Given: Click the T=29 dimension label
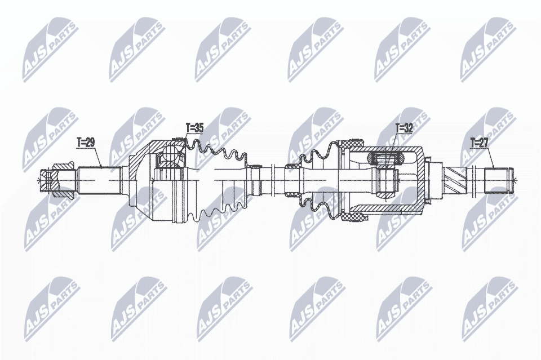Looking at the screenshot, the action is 86,143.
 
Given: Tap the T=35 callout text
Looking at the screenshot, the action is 194,128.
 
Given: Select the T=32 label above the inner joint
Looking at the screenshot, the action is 404,128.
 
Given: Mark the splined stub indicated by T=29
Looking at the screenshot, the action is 99,180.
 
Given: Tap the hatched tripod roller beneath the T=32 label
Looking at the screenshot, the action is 385,159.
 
